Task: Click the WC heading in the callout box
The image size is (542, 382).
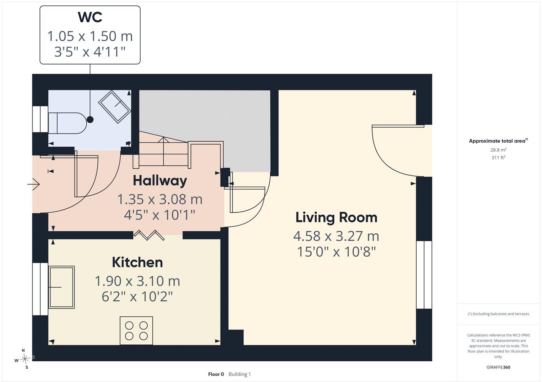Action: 90,17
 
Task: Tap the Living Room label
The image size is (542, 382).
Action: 336,218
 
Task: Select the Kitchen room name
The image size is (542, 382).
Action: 138,262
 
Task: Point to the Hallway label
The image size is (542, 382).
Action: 160,181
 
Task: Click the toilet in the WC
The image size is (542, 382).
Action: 67,123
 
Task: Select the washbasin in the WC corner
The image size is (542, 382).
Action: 115,107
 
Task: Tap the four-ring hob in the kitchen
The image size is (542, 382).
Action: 137,331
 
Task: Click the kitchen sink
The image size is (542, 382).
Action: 61,287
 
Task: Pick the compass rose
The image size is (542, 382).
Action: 25,359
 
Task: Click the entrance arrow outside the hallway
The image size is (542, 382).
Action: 34,184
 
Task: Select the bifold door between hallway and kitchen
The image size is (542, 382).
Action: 149,235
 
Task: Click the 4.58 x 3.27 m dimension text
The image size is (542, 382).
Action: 336,236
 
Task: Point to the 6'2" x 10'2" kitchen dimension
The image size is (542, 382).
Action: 137,297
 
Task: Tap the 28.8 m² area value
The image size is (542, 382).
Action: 498,150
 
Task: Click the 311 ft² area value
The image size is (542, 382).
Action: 498,157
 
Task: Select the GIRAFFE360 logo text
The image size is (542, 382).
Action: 498,367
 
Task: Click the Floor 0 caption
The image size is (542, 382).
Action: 216,374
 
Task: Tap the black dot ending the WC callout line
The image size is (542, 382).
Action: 90,120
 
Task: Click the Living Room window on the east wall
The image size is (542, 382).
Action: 424,275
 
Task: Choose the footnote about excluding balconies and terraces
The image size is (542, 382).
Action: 498,314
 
